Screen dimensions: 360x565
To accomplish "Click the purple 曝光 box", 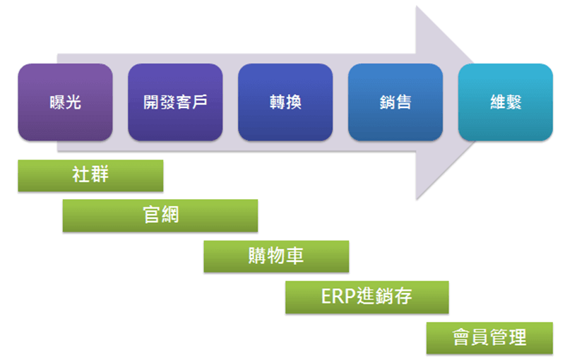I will point(65,102).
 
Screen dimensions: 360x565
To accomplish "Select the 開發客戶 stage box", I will point(175,102).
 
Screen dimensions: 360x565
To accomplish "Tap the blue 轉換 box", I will point(285,102).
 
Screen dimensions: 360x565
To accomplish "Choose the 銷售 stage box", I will point(395,102).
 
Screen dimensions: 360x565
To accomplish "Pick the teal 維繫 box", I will point(506,102).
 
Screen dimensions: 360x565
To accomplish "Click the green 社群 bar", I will point(90,176).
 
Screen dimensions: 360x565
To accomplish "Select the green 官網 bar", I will point(160,215).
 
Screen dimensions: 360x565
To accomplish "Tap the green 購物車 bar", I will point(276,256).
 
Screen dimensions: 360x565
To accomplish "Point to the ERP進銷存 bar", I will point(367,296).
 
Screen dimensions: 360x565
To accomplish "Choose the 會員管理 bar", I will point(489,337).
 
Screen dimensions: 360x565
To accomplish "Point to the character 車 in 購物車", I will point(295,256).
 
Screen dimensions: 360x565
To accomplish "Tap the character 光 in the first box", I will point(73,102).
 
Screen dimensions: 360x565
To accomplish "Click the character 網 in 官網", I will point(169,215).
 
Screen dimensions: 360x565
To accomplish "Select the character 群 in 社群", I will point(100,175).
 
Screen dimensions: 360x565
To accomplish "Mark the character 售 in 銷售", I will point(404,102).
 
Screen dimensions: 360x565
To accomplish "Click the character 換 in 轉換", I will point(294,102).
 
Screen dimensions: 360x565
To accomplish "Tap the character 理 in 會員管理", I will point(517,337).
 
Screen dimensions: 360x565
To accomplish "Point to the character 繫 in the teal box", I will point(514,102).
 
